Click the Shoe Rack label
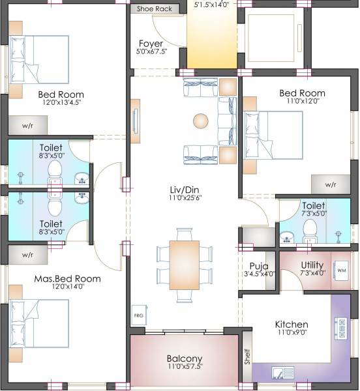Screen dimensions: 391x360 tap(155, 9)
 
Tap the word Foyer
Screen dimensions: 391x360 tap(151, 44)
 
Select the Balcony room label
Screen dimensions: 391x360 tap(184, 358)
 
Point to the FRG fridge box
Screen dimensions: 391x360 tap(138, 315)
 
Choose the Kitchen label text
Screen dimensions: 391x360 tap(292, 325)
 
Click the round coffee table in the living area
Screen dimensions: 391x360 tap(200, 121)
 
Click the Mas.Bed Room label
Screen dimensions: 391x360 tap(67, 278)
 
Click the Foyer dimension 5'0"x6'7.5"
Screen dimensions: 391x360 tap(151, 51)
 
